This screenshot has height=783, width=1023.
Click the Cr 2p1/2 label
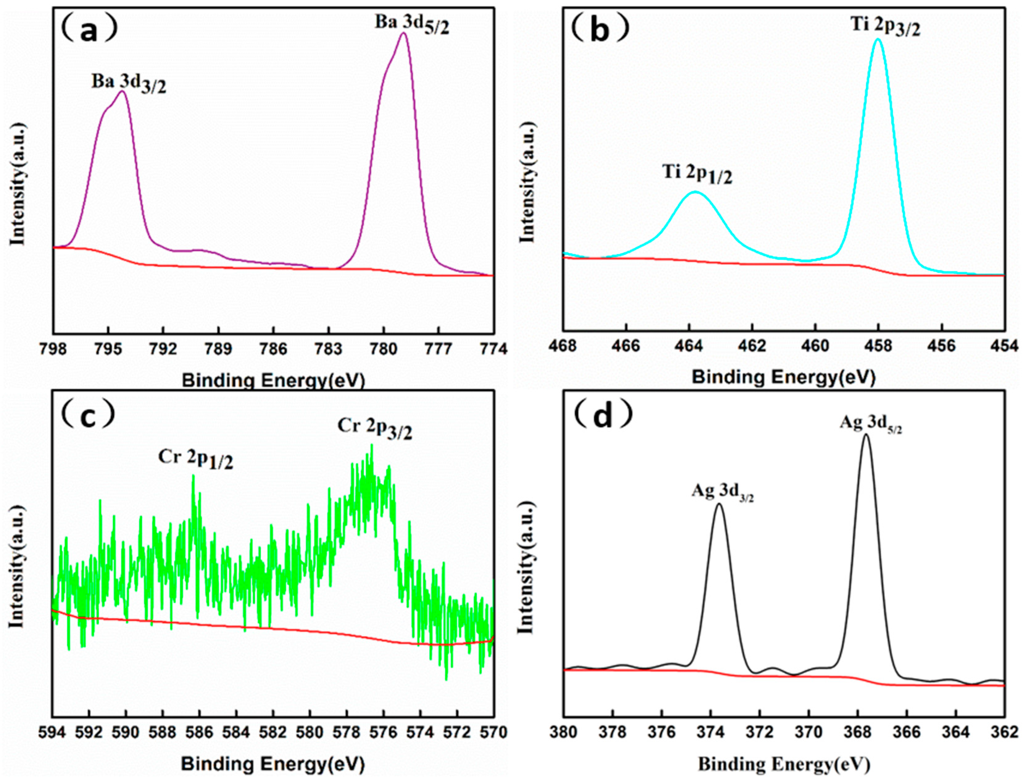pos(196,459)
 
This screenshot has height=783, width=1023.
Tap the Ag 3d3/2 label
pos(722,493)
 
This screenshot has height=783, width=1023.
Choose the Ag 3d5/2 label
pos(870,424)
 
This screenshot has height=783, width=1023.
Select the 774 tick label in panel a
pos(493,349)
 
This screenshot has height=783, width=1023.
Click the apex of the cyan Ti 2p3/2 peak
pos(878,39)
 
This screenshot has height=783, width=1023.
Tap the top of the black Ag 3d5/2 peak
pos(866,435)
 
